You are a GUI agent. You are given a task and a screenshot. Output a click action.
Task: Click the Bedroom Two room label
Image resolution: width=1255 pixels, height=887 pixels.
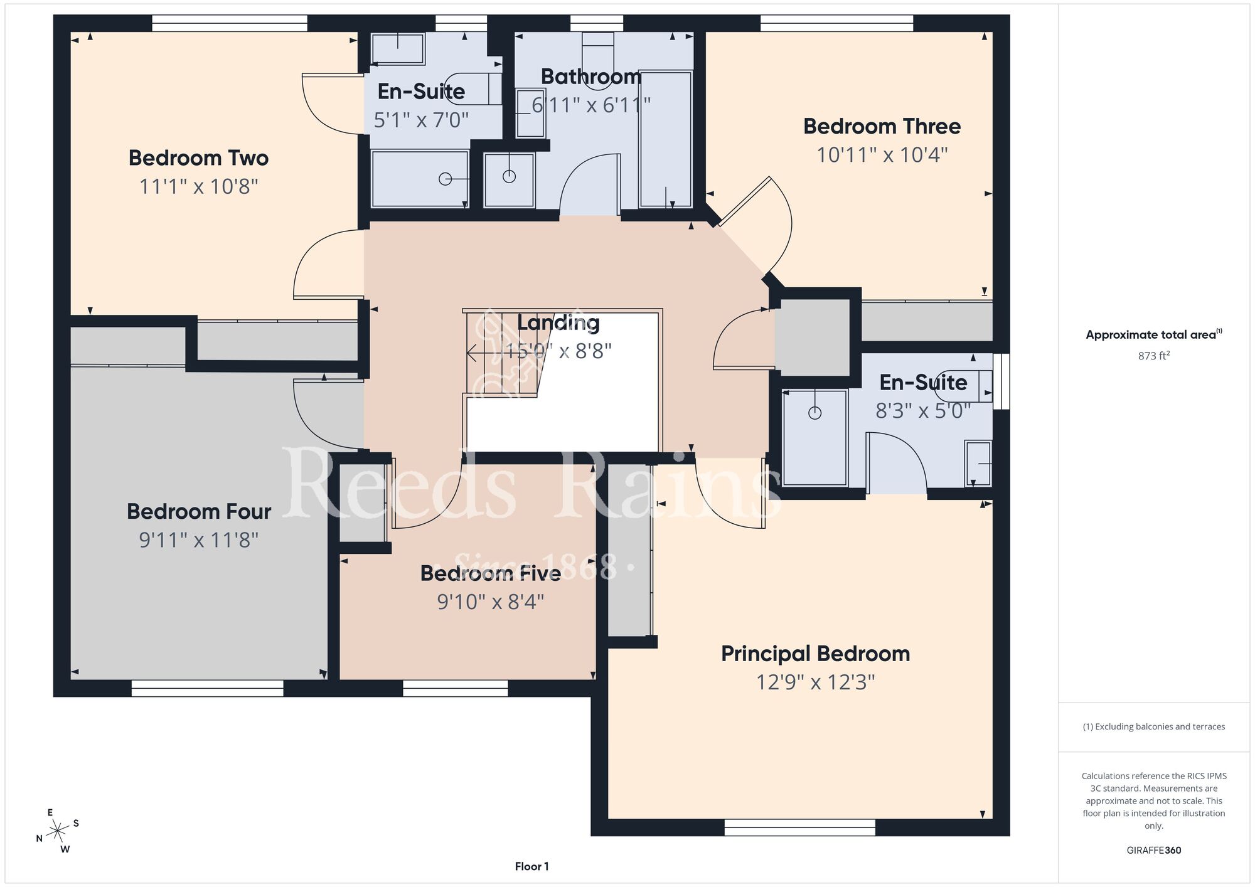[x=198, y=158]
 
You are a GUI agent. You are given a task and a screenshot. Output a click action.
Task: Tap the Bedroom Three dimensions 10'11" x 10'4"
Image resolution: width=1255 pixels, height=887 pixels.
[x=882, y=155]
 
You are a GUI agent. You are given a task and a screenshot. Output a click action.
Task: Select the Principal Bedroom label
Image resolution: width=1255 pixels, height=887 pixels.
[x=815, y=654]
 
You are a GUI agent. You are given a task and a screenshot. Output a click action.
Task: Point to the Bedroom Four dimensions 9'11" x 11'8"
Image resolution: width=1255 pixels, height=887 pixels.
[x=199, y=540]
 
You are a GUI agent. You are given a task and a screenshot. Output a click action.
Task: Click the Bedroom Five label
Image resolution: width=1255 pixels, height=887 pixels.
[x=491, y=573]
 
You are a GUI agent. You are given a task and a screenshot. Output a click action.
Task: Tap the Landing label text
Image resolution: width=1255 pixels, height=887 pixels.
[x=558, y=323]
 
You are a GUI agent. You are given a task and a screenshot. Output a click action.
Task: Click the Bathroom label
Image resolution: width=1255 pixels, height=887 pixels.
[x=591, y=77]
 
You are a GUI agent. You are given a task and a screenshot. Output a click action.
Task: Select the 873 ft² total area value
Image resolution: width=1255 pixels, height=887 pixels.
[x=1154, y=356]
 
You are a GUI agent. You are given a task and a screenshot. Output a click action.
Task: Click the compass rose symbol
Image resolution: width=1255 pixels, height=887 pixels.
[x=58, y=831]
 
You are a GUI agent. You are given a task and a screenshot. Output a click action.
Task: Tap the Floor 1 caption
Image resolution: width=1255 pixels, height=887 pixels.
[x=531, y=866]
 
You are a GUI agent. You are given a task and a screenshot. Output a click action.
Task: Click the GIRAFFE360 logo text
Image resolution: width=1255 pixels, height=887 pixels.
[x=1154, y=851]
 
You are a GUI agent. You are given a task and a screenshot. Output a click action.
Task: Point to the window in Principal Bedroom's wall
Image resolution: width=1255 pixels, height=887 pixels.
[x=799, y=827]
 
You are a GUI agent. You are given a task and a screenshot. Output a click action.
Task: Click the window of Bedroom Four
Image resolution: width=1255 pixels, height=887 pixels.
[x=207, y=688]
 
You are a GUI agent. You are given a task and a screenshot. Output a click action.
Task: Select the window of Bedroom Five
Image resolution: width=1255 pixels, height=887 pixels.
[x=455, y=688]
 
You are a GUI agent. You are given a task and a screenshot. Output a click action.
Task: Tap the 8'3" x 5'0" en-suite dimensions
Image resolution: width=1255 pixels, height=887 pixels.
[x=923, y=411]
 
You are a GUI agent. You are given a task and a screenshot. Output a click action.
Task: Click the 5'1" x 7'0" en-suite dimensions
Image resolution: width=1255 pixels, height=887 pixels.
[x=421, y=120]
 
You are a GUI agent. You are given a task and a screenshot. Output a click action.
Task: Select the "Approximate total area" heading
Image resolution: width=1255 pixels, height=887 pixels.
[x=1154, y=334]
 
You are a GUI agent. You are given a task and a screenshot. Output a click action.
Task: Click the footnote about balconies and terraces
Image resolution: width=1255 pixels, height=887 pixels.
[x=1154, y=726]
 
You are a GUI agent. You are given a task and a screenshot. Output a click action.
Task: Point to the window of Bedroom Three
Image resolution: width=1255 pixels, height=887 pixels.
[x=836, y=23]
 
